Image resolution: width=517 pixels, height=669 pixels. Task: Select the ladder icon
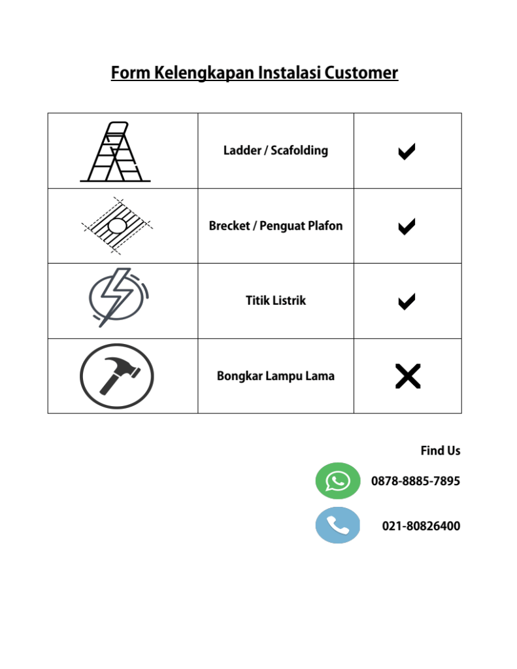pyautogui.click(x=115, y=152)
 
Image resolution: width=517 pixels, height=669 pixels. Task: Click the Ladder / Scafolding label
pyautogui.click(x=275, y=150)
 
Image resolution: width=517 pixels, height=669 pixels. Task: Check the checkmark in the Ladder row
pyautogui.click(x=407, y=152)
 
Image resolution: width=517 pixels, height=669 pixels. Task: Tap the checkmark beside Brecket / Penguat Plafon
pyautogui.click(x=407, y=227)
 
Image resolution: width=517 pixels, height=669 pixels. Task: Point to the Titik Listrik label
pyautogui.click(x=275, y=301)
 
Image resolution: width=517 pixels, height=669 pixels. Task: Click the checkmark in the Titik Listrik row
pyautogui.click(x=407, y=301)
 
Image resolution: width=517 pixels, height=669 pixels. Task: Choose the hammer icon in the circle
pyautogui.click(x=117, y=377)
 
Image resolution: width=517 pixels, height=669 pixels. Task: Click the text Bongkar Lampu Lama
pyautogui.click(x=275, y=376)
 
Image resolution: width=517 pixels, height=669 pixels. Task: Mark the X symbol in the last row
pyautogui.click(x=407, y=377)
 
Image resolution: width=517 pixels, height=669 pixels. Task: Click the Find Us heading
pyautogui.click(x=440, y=451)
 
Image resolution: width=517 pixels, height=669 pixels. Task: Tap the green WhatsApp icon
pyautogui.click(x=338, y=481)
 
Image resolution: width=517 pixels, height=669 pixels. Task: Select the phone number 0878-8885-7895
pyautogui.click(x=415, y=481)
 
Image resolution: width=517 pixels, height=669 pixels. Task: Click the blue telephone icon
pyautogui.click(x=338, y=525)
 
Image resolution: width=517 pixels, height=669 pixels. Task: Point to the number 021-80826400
pyautogui.click(x=420, y=526)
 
